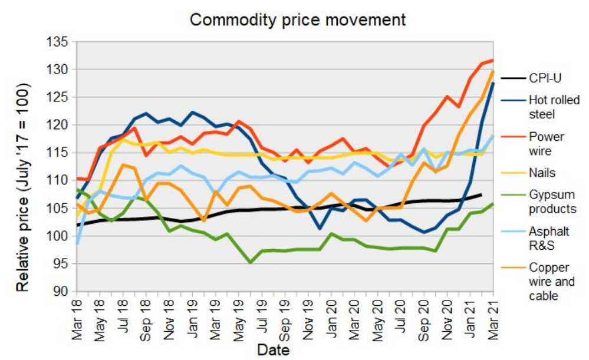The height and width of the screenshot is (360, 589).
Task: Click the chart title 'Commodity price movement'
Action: point(298,19)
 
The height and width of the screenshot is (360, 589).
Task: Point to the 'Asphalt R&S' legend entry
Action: point(547,239)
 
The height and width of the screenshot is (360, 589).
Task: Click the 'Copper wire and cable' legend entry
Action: point(552,281)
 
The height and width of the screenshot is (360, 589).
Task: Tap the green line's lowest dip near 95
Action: point(251,262)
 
